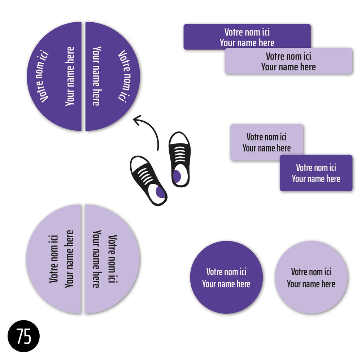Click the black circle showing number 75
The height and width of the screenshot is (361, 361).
[x=23, y=336]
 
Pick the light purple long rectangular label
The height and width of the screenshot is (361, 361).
[x=289, y=61]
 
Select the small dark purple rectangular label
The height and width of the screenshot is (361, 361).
[x=316, y=173]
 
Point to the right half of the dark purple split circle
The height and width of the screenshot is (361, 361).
[x=112, y=76]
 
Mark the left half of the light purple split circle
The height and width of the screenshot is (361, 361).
[x=54, y=259]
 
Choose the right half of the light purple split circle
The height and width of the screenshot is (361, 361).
[x=112, y=259]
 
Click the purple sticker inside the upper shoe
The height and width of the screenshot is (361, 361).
[x=177, y=176]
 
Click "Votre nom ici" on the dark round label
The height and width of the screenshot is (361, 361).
[x=226, y=272]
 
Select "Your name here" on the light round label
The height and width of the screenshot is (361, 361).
[x=311, y=284]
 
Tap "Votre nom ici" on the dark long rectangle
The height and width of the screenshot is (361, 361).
[x=247, y=32]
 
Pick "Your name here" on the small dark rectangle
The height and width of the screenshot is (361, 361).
[x=316, y=179]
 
